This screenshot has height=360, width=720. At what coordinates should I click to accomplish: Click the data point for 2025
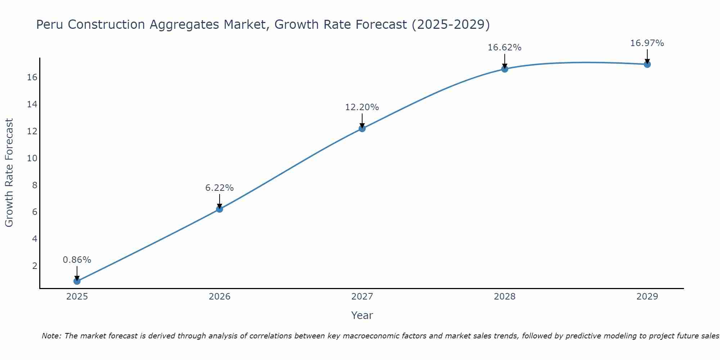pos(77,281)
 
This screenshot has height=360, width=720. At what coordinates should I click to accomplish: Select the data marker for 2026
pos(220,209)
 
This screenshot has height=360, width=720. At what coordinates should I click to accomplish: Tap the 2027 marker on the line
pos(362,129)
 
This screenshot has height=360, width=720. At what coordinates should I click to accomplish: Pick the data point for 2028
pos(505,69)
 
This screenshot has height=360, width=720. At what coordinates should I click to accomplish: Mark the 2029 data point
pos(647,64)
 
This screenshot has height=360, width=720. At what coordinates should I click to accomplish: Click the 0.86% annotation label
pos(77,260)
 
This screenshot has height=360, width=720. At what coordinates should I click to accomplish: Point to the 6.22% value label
pos(220,188)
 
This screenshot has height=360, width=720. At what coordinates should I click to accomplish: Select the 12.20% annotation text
pos(362,107)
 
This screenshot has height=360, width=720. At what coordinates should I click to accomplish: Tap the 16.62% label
pos(505,48)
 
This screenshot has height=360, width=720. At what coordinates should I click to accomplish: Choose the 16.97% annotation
pos(647,43)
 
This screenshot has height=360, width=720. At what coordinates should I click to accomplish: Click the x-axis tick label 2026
pos(220,297)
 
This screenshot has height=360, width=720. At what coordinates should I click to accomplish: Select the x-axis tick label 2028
pos(505,297)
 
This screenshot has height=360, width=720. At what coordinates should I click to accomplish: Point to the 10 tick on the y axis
pos(32,158)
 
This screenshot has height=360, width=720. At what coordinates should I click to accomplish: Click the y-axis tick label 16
pos(32,77)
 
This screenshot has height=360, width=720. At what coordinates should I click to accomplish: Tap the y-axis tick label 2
pos(35,266)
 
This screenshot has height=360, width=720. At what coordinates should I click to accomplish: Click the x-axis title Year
pos(362,315)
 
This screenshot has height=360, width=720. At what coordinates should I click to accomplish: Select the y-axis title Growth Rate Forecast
pos(9,173)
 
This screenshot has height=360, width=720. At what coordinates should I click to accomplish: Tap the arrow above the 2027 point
pos(362,120)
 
